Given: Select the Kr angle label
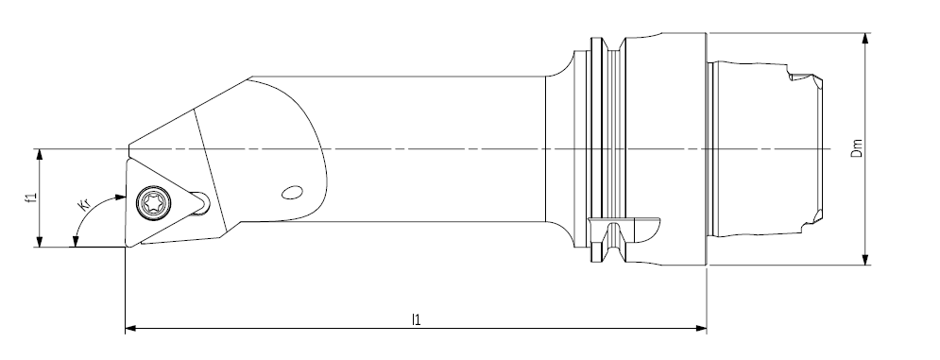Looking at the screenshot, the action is (85, 204).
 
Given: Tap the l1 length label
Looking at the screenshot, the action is (416, 319).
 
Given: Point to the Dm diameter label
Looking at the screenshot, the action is (857, 148).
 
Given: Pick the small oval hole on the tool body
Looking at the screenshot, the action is (292, 193).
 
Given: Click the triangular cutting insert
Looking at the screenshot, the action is (162, 201).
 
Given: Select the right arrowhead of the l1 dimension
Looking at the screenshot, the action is (700, 328).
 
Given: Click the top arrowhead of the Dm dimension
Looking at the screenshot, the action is (865, 39).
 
